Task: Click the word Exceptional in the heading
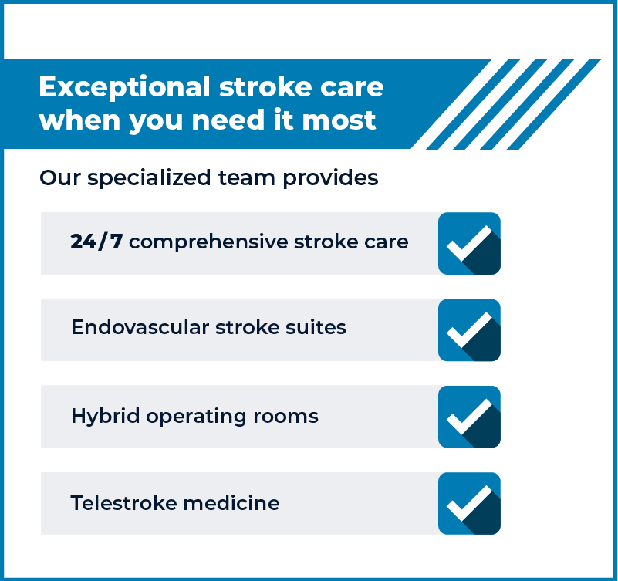pos(124,87)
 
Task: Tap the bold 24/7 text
pos(96,242)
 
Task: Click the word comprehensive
pos(208,242)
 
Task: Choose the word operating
pos(194,417)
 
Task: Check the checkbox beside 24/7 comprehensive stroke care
pos(469,243)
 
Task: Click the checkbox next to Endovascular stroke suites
pos(469,330)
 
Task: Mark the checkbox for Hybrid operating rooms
pos(469,417)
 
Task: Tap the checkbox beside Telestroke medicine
pos(469,503)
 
